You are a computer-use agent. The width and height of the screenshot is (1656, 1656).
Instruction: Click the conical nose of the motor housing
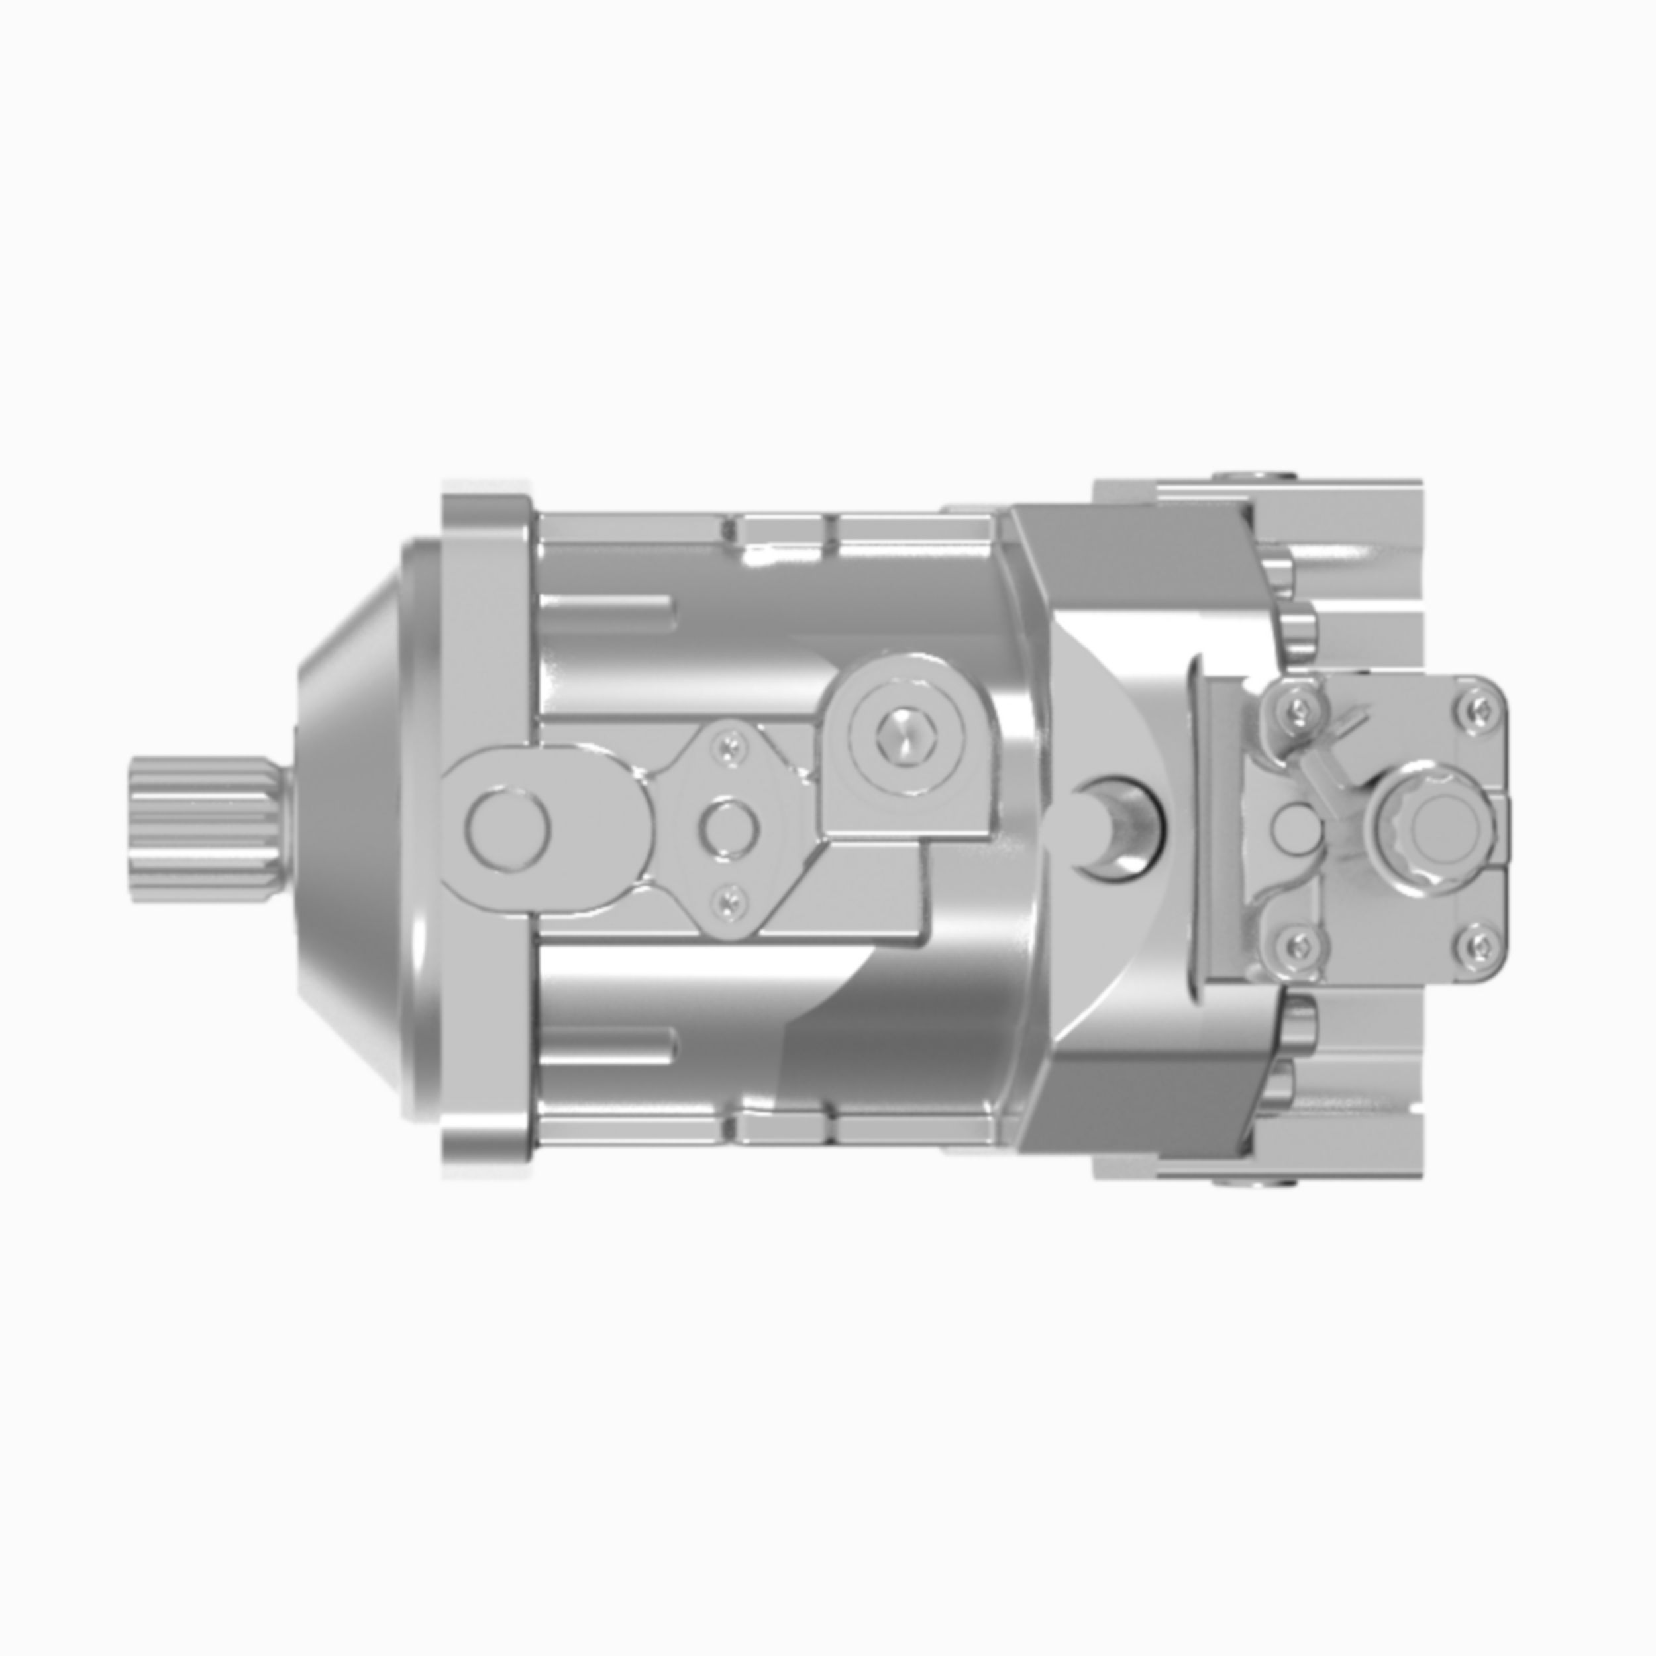point(360,828)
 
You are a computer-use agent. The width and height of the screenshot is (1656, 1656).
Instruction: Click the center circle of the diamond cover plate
point(729,829)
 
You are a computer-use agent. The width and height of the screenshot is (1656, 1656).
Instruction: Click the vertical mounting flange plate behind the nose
point(485,828)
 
